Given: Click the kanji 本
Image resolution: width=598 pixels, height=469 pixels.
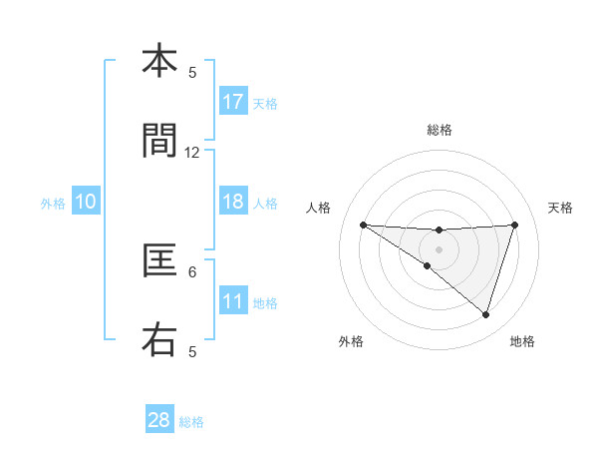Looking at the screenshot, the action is (159, 62).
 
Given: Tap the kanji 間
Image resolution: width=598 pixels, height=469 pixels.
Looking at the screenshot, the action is (159, 142).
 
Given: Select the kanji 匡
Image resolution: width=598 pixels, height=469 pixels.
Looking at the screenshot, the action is (159, 261).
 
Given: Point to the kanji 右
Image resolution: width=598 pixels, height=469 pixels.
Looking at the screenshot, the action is (159, 340).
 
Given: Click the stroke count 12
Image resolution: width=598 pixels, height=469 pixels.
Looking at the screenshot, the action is (192, 153).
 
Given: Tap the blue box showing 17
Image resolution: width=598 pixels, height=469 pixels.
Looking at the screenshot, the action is (233, 102).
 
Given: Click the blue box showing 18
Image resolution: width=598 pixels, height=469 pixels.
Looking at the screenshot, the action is (233, 202).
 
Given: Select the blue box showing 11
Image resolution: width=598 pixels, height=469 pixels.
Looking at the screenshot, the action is (233, 301).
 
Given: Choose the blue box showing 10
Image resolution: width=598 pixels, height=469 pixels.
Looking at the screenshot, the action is (86, 202).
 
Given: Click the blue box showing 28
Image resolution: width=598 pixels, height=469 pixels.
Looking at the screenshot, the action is (159, 420).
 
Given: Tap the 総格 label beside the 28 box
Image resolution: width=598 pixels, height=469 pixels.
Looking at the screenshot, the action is (191, 422).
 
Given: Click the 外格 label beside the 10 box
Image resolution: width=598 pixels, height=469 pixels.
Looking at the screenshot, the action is (53, 203).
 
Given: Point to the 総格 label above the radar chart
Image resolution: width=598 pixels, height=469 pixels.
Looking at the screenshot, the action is (439, 131).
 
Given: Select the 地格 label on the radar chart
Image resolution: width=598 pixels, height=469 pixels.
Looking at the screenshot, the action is (522, 341).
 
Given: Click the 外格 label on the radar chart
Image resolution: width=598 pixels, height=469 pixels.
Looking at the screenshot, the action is (351, 341).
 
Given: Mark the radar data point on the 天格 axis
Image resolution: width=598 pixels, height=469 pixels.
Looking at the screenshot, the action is (514, 225).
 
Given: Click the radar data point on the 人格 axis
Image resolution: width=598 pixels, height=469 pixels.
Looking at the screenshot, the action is (363, 225).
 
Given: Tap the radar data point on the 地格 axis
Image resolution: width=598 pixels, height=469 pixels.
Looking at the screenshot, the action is (485, 314).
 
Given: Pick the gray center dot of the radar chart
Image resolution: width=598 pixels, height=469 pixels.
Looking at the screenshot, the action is (439, 248).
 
